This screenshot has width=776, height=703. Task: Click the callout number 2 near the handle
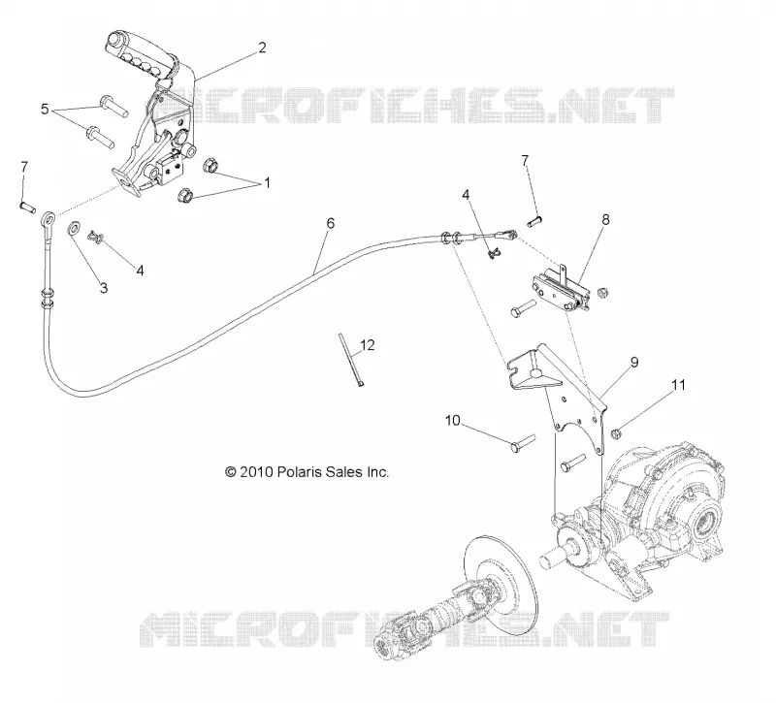(x=262, y=48)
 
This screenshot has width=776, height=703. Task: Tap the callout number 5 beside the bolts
(x=45, y=109)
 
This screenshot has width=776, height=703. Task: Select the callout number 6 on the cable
(x=330, y=223)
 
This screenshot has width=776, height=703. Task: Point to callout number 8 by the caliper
(x=605, y=219)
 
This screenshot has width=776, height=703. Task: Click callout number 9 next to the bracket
(x=634, y=362)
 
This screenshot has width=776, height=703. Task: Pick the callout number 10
(x=453, y=421)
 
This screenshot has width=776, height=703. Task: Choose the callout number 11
(x=678, y=384)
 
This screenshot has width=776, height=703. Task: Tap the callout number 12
(x=368, y=345)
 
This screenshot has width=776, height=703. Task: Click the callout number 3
(x=104, y=287)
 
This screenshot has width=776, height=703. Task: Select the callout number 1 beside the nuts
(x=268, y=183)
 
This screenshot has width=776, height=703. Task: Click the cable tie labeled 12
(x=350, y=360)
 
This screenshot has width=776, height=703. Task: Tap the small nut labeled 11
(x=616, y=433)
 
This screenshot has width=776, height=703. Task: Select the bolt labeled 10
(x=523, y=442)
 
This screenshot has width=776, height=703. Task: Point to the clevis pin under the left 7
(x=27, y=207)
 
